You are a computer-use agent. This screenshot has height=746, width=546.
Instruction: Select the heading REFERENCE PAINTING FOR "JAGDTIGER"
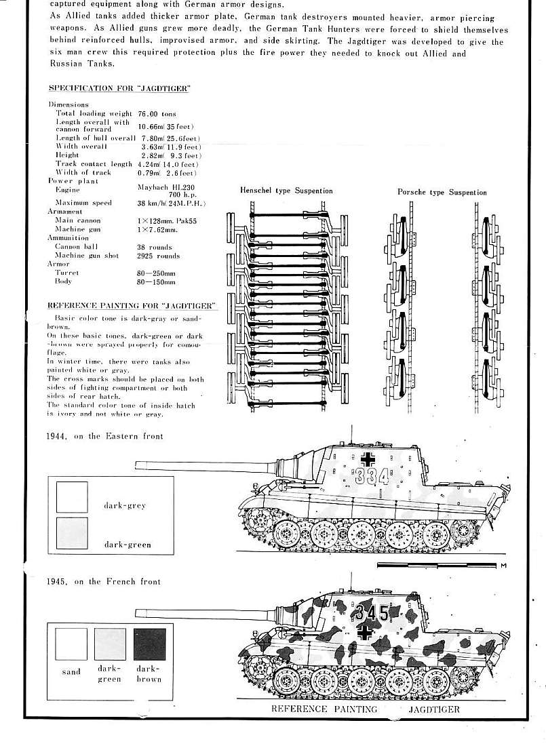132,306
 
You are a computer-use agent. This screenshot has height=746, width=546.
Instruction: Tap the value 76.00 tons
157,114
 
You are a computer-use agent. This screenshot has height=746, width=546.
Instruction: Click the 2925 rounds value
158,256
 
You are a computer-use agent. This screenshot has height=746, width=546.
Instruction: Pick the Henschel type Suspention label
286,191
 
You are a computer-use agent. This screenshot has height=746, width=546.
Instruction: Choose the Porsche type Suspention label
442,193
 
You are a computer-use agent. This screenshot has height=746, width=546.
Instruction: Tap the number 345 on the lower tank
372,613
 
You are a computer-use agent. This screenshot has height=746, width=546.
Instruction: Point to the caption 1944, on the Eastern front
104,436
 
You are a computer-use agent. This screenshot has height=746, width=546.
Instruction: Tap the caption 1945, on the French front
104,582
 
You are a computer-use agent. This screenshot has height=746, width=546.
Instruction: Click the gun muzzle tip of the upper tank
138,464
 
